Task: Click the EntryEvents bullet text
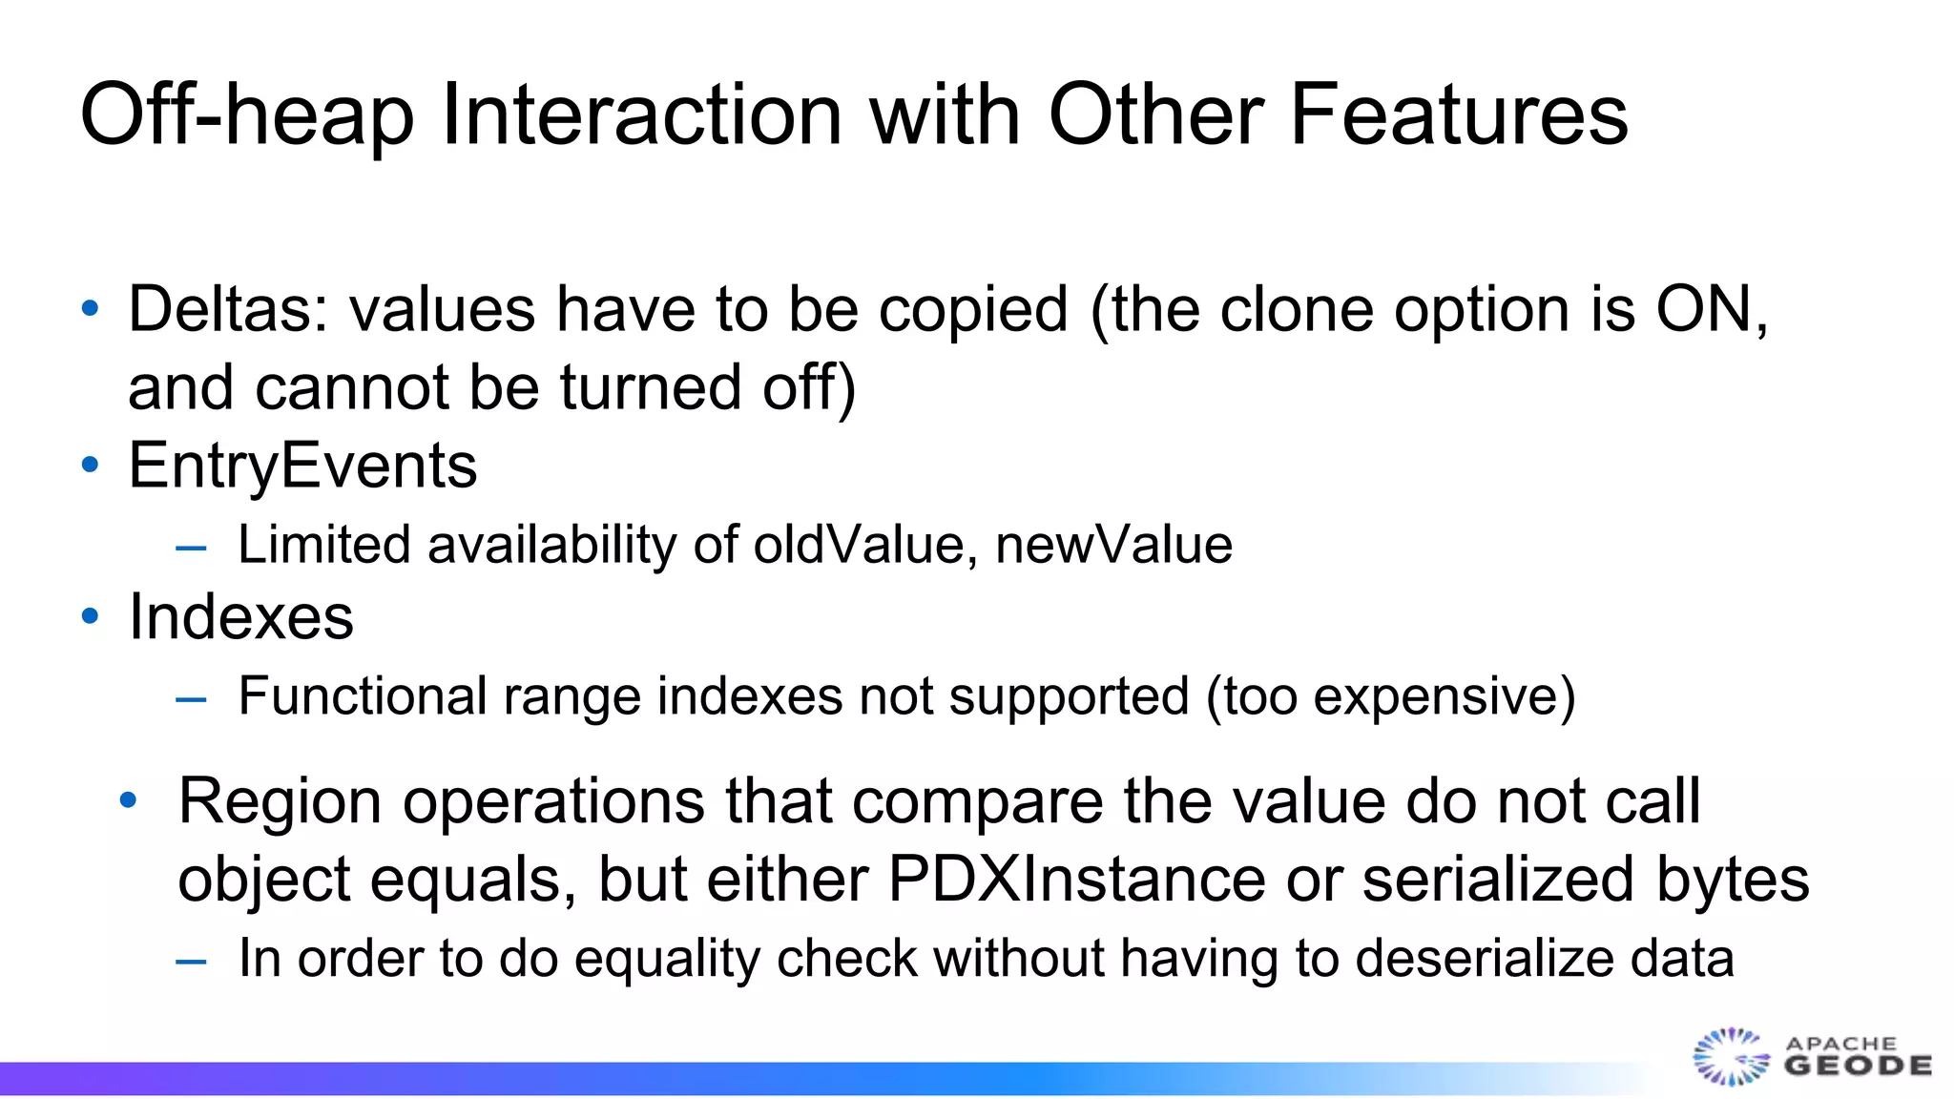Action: click(x=302, y=466)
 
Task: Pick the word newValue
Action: click(x=1113, y=545)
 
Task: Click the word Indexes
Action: click(x=240, y=616)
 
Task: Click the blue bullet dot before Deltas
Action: click(x=91, y=309)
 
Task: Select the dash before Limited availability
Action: click(x=191, y=548)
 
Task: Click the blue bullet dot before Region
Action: click(x=129, y=800)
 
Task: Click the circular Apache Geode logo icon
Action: click(x=1730, y=1057)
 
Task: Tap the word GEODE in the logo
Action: click(x=1858, y=1066)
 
